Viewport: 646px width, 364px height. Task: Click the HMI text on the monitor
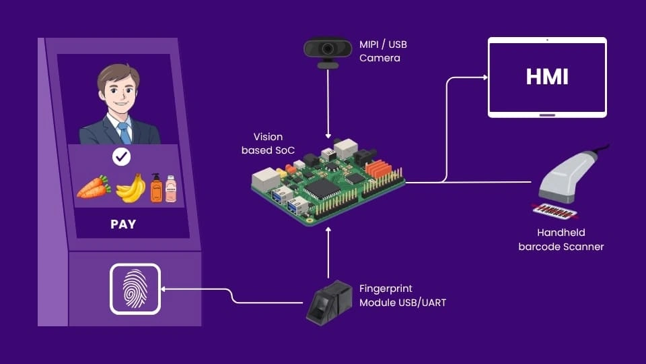point(547,77)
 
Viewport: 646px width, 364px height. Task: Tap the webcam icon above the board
point(328,50)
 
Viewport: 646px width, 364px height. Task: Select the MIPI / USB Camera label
point(383,51)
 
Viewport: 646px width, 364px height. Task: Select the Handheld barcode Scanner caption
point(561,240)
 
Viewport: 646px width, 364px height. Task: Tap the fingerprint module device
point(329,302)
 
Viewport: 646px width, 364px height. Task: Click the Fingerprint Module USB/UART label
point(402,296)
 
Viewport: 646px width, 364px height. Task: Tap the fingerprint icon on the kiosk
point(135,289)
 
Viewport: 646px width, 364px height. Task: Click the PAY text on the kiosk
point(123,224)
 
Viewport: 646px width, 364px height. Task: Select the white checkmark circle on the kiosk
point(121,158)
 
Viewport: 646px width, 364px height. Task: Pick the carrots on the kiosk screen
point(94,187)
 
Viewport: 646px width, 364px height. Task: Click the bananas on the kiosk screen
point(131,188)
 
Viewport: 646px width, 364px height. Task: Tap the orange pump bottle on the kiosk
point(156,188)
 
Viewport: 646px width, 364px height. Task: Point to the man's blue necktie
point(124,132)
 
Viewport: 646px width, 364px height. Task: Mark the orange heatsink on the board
point(379,169)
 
